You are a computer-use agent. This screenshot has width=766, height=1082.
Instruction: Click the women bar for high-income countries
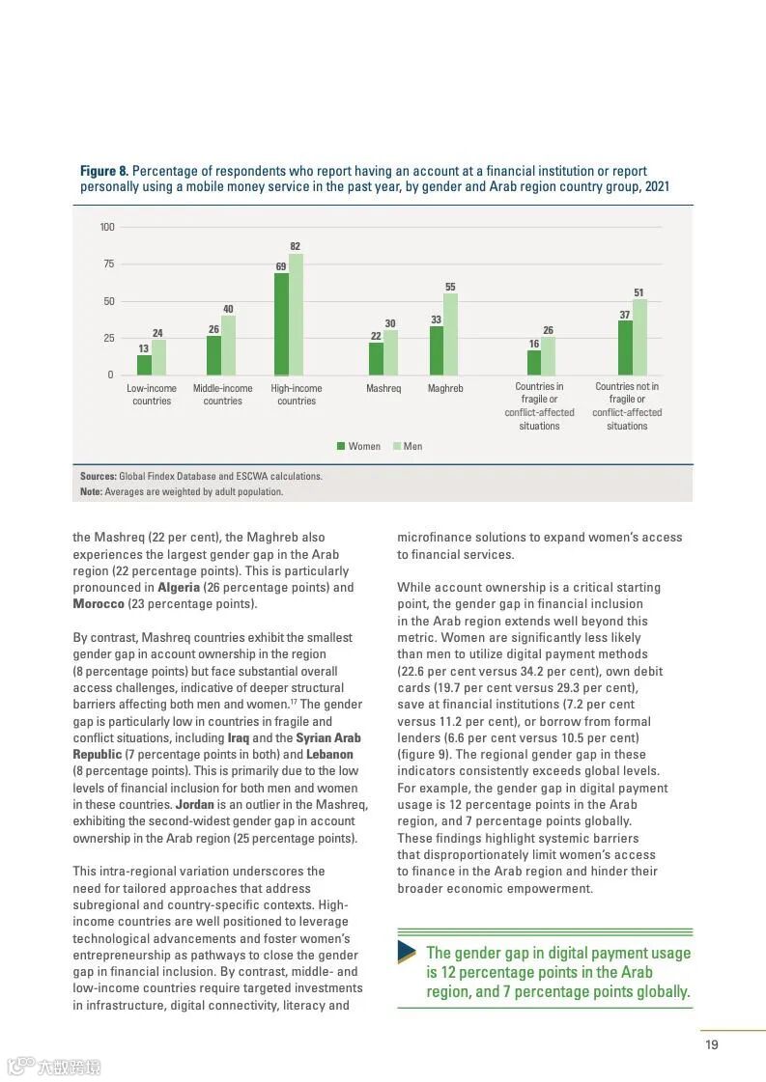tap(281, 324)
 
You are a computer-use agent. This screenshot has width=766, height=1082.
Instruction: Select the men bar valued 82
tap(296, 315)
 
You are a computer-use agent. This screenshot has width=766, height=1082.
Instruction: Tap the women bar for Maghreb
tap(436, 350)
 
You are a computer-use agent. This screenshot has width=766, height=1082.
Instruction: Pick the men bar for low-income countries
tap(158, 357)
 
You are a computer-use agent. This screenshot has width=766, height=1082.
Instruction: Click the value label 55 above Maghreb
tap(450, 287)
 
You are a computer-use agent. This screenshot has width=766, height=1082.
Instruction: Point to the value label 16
tap(533, 344)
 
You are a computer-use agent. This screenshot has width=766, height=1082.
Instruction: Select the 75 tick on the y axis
tap(108, 264)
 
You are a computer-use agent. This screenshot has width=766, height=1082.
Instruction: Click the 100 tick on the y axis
tap(107, 228)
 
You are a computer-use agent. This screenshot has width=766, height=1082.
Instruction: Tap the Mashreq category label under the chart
tap(383, 389)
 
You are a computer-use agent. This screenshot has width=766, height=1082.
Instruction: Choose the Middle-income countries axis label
tap(222, 395)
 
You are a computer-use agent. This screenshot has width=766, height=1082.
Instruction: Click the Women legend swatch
tap(341, 446)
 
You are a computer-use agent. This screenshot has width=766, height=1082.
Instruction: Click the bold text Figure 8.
tap(104, 171)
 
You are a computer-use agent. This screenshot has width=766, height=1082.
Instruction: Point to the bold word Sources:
tap(99, 476)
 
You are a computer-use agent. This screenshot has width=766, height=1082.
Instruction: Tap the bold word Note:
tap(91, 491)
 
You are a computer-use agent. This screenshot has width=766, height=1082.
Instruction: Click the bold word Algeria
tap(179, 587)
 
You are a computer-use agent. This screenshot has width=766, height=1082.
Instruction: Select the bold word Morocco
tap(99, 604)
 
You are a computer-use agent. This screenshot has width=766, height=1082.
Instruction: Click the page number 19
tap(712, 1044)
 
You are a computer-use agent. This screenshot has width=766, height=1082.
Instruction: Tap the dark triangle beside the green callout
tap(407, 952)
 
